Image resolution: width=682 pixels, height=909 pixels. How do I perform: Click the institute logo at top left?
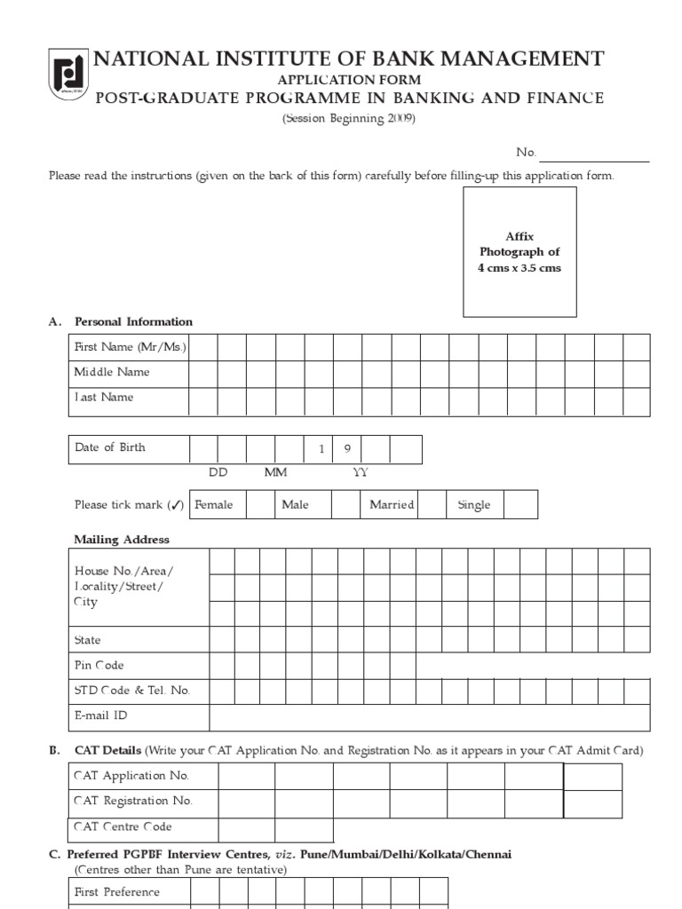68,74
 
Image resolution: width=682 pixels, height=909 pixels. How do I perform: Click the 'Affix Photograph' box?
519,251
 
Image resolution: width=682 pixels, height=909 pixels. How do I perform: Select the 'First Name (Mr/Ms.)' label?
130,347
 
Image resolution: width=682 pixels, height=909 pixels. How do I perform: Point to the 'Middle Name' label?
112,372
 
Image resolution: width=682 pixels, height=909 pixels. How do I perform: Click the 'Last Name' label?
104,398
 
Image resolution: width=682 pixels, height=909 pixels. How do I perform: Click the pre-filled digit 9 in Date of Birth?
348,449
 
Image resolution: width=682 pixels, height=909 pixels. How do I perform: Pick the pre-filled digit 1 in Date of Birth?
321,449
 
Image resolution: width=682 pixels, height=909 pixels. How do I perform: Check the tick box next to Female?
260,505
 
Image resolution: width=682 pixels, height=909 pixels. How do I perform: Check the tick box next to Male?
345,505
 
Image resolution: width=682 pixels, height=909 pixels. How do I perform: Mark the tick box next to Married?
432,505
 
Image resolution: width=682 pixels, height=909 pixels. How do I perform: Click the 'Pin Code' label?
99,666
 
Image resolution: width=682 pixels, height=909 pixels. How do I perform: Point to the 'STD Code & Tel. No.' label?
132,691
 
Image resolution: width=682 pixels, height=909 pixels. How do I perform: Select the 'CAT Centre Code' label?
123,826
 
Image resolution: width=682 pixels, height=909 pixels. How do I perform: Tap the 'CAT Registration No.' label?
133,802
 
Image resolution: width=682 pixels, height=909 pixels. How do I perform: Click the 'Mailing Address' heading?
122,540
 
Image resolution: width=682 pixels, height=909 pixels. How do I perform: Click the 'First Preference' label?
117,892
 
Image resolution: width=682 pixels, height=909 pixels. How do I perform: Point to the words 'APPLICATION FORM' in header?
349,80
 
